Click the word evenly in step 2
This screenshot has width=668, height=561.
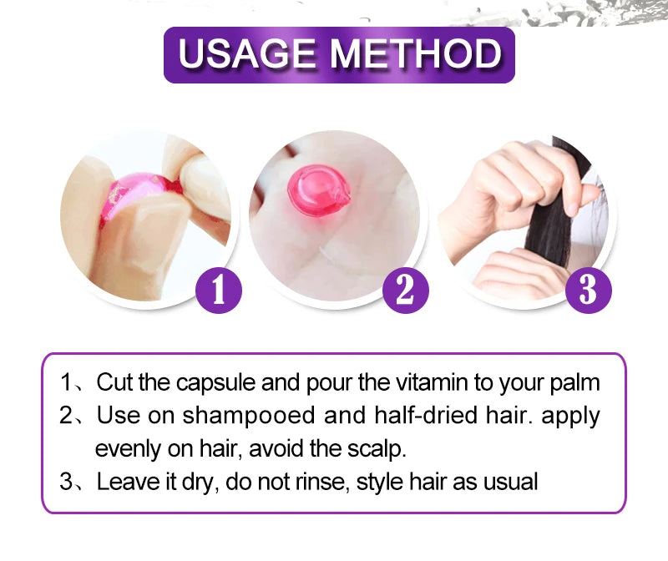pos(124,449)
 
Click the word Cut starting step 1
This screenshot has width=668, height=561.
pos(112,384)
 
